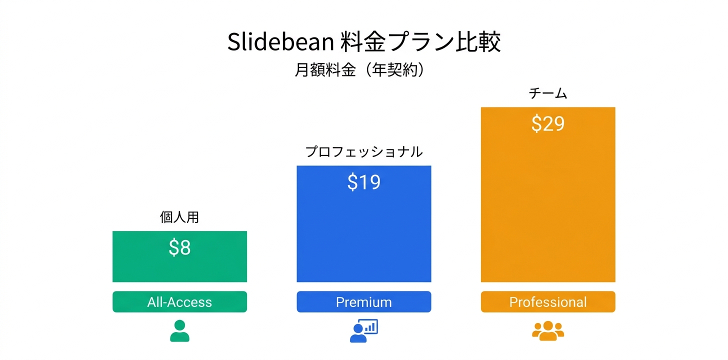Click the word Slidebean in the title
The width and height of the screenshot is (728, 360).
280,43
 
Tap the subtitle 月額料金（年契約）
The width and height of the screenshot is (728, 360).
360,70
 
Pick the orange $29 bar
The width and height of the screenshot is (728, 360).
548,210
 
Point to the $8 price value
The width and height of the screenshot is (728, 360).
179,248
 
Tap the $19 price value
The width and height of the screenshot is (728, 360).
363,182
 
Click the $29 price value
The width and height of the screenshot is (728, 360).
548,123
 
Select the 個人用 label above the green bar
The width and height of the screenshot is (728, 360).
179,217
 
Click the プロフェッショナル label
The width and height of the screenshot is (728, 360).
363,151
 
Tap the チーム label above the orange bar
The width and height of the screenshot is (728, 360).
548,93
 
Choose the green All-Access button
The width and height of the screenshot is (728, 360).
179,302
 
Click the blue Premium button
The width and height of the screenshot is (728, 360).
363,302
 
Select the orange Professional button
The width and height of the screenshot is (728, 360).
548,302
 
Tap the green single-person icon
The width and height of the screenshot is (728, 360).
179,331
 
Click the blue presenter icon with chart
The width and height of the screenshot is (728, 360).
363,331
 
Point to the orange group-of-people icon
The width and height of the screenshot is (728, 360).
548,331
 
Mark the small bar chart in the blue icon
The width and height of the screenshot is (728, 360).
370,327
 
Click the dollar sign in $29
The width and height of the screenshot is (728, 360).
536,123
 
